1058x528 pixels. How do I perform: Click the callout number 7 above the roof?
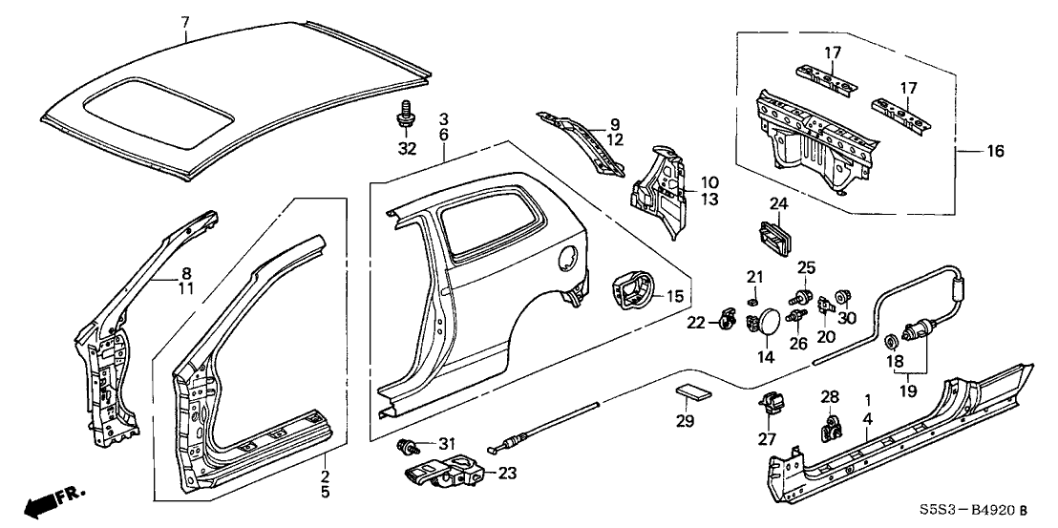click(x=184, y=21)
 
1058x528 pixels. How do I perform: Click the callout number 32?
click(x=408, y=149)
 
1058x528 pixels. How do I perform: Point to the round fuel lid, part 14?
click(x=765, y=323)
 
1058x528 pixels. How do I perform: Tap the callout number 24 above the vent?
click(x=779, y=203)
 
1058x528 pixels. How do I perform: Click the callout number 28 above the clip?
click(x=830, y=395)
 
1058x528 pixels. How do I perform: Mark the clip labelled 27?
click(x=772, y=406)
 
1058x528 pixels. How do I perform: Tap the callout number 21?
click(x=753, y=277)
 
